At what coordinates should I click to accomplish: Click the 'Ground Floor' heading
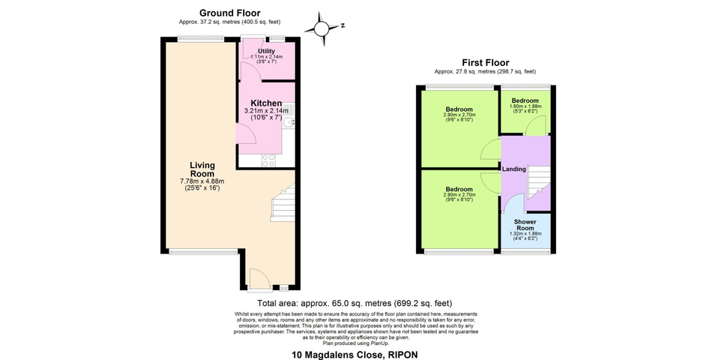(x=229, y=13)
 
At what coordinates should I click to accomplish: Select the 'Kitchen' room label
(x=266, y=103)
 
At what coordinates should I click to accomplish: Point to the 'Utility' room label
(x=266, y=51)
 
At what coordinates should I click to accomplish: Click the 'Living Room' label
(x=202, y=169)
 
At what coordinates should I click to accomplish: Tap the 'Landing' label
(x=513, y=169)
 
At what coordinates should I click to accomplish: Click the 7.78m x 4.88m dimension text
(x=202, y=181)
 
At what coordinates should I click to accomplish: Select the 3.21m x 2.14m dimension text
(x=266, y=111)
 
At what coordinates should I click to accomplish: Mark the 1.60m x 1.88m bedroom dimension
(x=525, y=106)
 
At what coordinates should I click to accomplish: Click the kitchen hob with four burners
(x=268, y=160)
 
